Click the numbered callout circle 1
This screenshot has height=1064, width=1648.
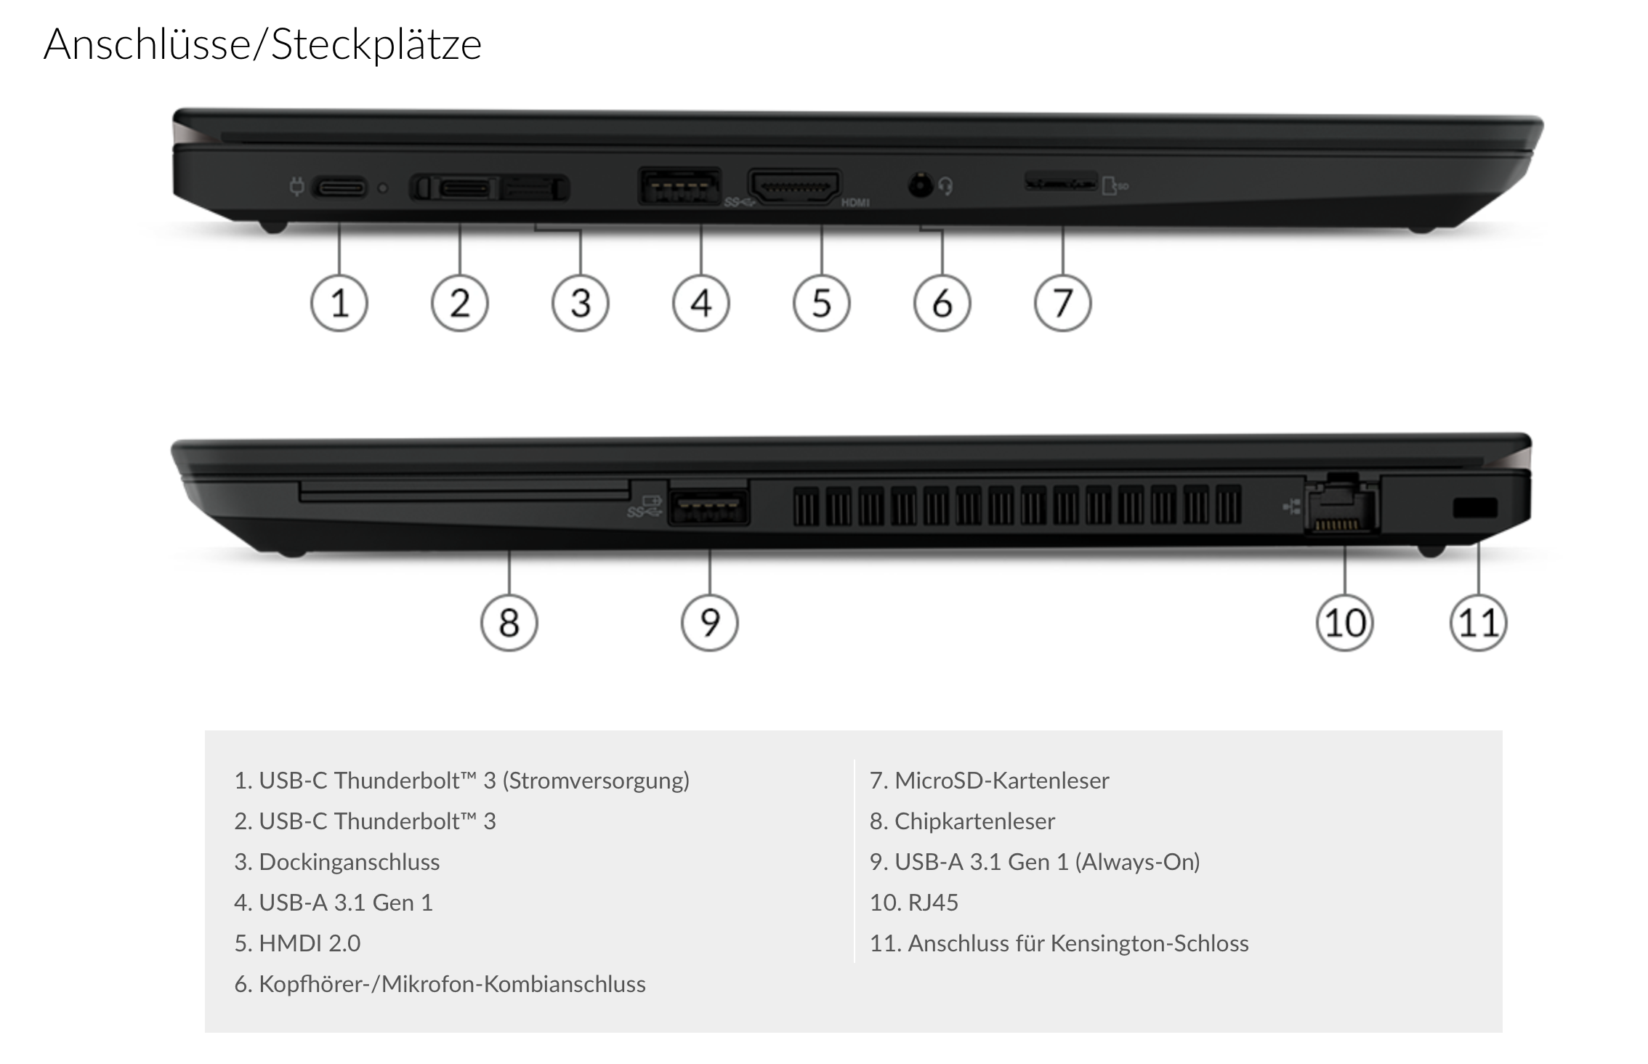click(339, 303)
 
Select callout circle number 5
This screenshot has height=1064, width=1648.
click(822, 303)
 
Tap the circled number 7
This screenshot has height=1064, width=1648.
click(1063, 303)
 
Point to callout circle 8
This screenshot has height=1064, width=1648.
click(509, 623)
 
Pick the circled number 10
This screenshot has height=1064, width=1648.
click(1345, 623)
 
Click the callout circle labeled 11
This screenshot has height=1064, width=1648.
click(1479, 623)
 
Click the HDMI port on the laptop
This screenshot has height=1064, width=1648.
click(794, 187)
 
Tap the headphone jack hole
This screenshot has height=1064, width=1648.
click(921, 186)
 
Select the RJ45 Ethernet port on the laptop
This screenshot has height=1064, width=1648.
click(1341, 509)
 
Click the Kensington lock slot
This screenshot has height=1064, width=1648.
click(1475, 507)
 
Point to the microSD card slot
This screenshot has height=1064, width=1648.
click(1060, 182)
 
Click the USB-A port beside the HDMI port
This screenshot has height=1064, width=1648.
click(679, 186)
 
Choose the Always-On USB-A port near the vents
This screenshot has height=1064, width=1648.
click(708, 504)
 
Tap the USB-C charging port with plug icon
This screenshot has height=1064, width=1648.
click(340, 188)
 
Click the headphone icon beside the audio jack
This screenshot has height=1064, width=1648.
click(945, 187)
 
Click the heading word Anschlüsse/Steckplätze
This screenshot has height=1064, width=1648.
click(262, 44)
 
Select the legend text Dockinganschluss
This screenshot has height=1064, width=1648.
click(349, 862)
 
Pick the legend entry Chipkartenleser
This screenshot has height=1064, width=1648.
click(974, 821)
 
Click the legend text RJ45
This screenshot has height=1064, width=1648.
click(933, 903)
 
